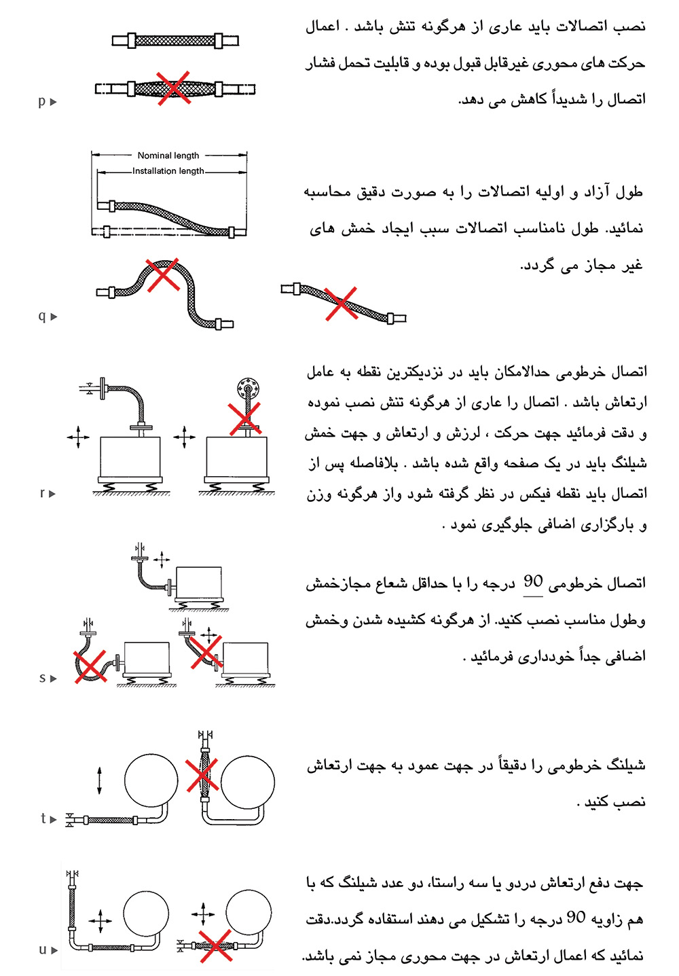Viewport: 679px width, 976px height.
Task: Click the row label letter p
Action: [x=41, y=101]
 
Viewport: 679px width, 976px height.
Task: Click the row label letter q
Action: [x=41, y=316]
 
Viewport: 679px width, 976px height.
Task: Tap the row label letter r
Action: [x=42, y=493]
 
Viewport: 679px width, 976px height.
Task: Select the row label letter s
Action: [x=42, y=678]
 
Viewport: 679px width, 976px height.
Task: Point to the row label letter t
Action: [x=43, y=818]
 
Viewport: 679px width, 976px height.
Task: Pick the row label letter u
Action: [x=42, y=950]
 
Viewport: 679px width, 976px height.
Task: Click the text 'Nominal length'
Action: [x=168, y=156]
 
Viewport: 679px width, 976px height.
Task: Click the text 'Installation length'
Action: [x=168, y=171]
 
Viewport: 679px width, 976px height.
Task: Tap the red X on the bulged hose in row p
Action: [x=173, y=88]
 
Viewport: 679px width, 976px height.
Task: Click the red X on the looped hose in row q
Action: [x=163, y=274]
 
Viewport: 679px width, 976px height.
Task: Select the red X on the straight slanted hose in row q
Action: [x=341, y=303]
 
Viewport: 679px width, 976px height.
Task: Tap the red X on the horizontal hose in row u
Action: [x=215, y=946]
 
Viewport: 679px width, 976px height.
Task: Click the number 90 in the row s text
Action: [x=533, y=582]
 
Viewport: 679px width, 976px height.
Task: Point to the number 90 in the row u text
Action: [x=576, y=918]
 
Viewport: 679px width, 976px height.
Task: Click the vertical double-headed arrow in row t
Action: [x=100, y=780]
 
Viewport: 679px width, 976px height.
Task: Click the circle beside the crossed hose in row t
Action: [x=248, y=783]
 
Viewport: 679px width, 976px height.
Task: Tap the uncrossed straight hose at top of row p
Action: [x=175, y=41]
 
